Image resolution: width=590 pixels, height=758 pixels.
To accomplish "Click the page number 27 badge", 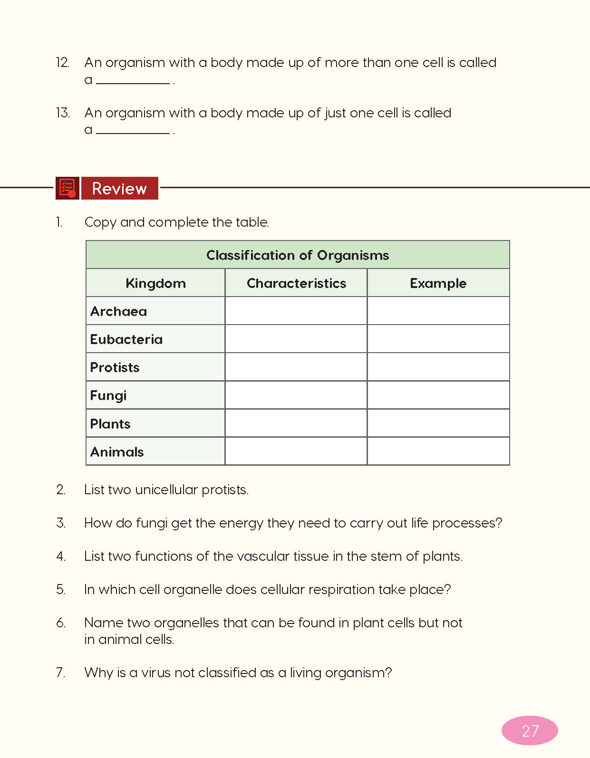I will pyautogui.click(x=530, y=730).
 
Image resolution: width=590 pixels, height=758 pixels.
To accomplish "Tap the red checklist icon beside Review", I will pyautogui.click(x=68, y=188).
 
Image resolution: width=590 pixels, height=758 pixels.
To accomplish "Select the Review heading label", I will pyautogui.click(x=119, y=189).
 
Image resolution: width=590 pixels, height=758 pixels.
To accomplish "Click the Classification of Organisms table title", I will pyautogui.click(x=298, y=255).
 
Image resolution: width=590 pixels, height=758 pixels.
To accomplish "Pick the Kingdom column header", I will pyautogui.click(x=155, y=283).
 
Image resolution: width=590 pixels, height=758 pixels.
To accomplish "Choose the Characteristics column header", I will pyautogui.click(x=296, y=283).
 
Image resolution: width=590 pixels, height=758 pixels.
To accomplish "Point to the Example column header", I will pyautogui.click(x=438, y=283).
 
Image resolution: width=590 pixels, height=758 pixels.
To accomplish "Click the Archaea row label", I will pyautogui.click(x=119, y=311).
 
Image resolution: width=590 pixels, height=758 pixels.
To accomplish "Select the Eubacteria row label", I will pyautogui.click(x=126, y=339).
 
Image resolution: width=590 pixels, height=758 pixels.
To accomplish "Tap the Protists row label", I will pyautogui.click(x=115, y=367).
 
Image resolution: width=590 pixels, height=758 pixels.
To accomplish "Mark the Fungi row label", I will pyautogui.click(x=108, y=395).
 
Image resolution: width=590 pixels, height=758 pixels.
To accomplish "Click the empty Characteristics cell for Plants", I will pyautogui.click(x=296, y=423).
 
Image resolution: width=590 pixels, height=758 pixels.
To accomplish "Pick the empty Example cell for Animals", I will pyautogui.click(x=438, y=451).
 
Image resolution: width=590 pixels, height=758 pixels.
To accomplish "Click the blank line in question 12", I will pyautogui.click(x=133, y=82).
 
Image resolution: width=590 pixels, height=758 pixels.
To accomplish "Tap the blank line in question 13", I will pyautogui.click(x=133, y=132).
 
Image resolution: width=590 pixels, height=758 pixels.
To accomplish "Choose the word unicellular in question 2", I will pyautogui.click(x=166, y=490).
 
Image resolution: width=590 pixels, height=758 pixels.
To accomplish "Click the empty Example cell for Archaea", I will pyautogui.click(x=438, y=311).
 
